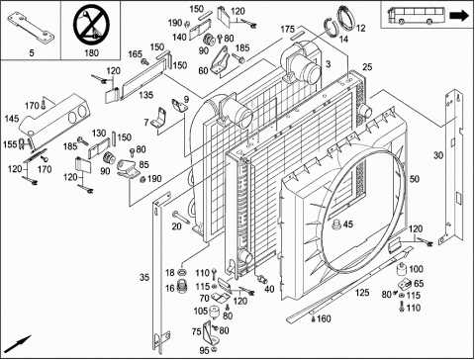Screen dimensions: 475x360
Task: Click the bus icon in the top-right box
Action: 418,16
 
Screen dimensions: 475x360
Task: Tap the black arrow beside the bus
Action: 459,16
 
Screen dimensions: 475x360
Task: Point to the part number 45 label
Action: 348,225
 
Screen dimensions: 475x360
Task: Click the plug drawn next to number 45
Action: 336,225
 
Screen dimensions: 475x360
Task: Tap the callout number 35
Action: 144,277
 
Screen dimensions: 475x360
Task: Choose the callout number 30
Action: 438,155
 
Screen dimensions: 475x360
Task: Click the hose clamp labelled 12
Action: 345,17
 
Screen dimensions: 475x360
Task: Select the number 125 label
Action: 362,293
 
